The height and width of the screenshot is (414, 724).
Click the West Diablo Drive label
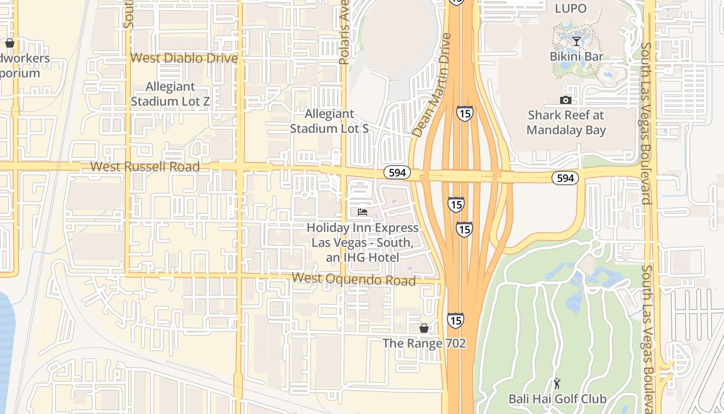[x=184, y=58]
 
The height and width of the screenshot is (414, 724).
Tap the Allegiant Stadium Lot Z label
[x=170, y=94]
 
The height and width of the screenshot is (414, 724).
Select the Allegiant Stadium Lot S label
[x=329, y=121]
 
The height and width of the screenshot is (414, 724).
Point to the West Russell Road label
[x=145, y=167]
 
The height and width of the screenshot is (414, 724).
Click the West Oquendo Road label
[x=354, y=279]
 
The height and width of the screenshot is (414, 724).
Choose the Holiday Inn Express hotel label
[x=363, y=242]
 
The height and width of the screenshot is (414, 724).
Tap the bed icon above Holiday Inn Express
[x=363, y=212]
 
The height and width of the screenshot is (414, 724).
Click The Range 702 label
[x=424, y=343]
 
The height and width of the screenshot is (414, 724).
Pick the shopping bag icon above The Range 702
[x=424, y=328]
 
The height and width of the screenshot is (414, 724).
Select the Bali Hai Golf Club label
[x=557, y=399]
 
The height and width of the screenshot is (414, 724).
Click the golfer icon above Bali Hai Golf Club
[x=557, y=383]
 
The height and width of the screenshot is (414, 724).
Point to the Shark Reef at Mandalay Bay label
[x=566, y=122]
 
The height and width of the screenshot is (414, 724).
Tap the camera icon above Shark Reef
[x=566, y=100]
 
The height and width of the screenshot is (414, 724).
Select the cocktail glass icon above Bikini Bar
[x=577, y=41]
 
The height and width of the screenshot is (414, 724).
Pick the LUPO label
[x=570, y=8]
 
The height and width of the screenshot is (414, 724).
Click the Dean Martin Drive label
[x=432, y=85]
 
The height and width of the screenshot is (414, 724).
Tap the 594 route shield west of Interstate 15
[x=397, y=172]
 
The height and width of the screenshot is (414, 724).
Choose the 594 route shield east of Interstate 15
[x=565, y=178]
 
